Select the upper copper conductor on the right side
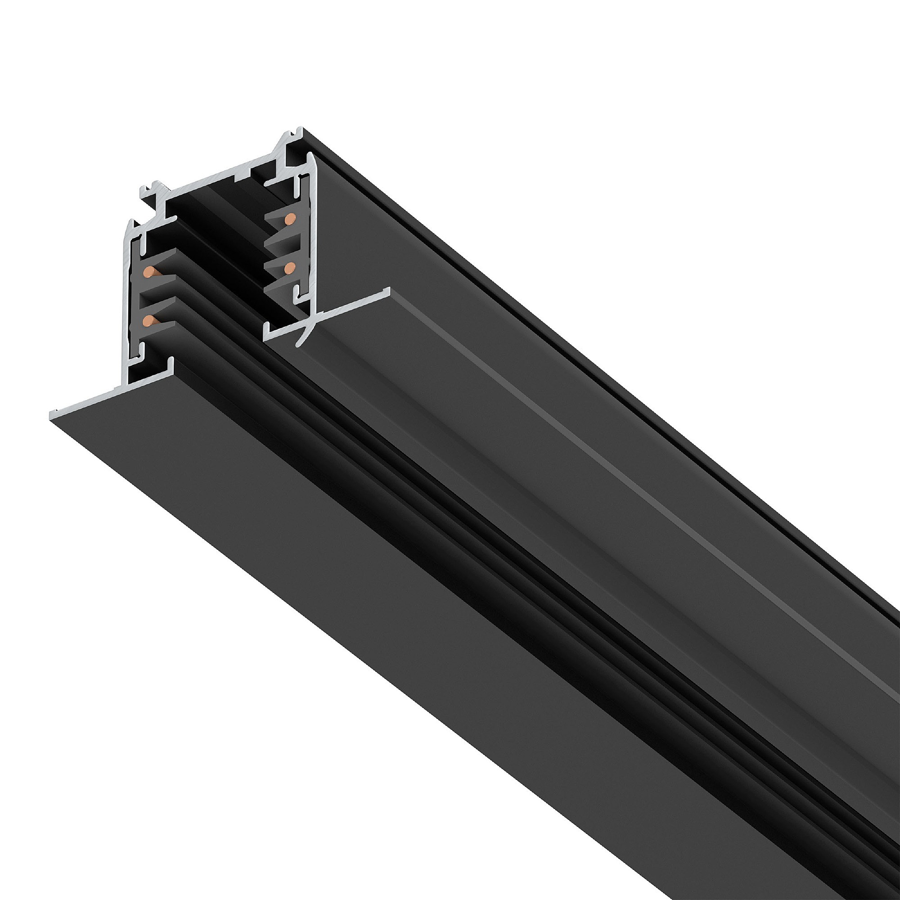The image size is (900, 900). pos(290,217)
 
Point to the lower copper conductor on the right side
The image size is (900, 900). pos(289,266)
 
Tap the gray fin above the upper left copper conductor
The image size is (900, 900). pos(163,256)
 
